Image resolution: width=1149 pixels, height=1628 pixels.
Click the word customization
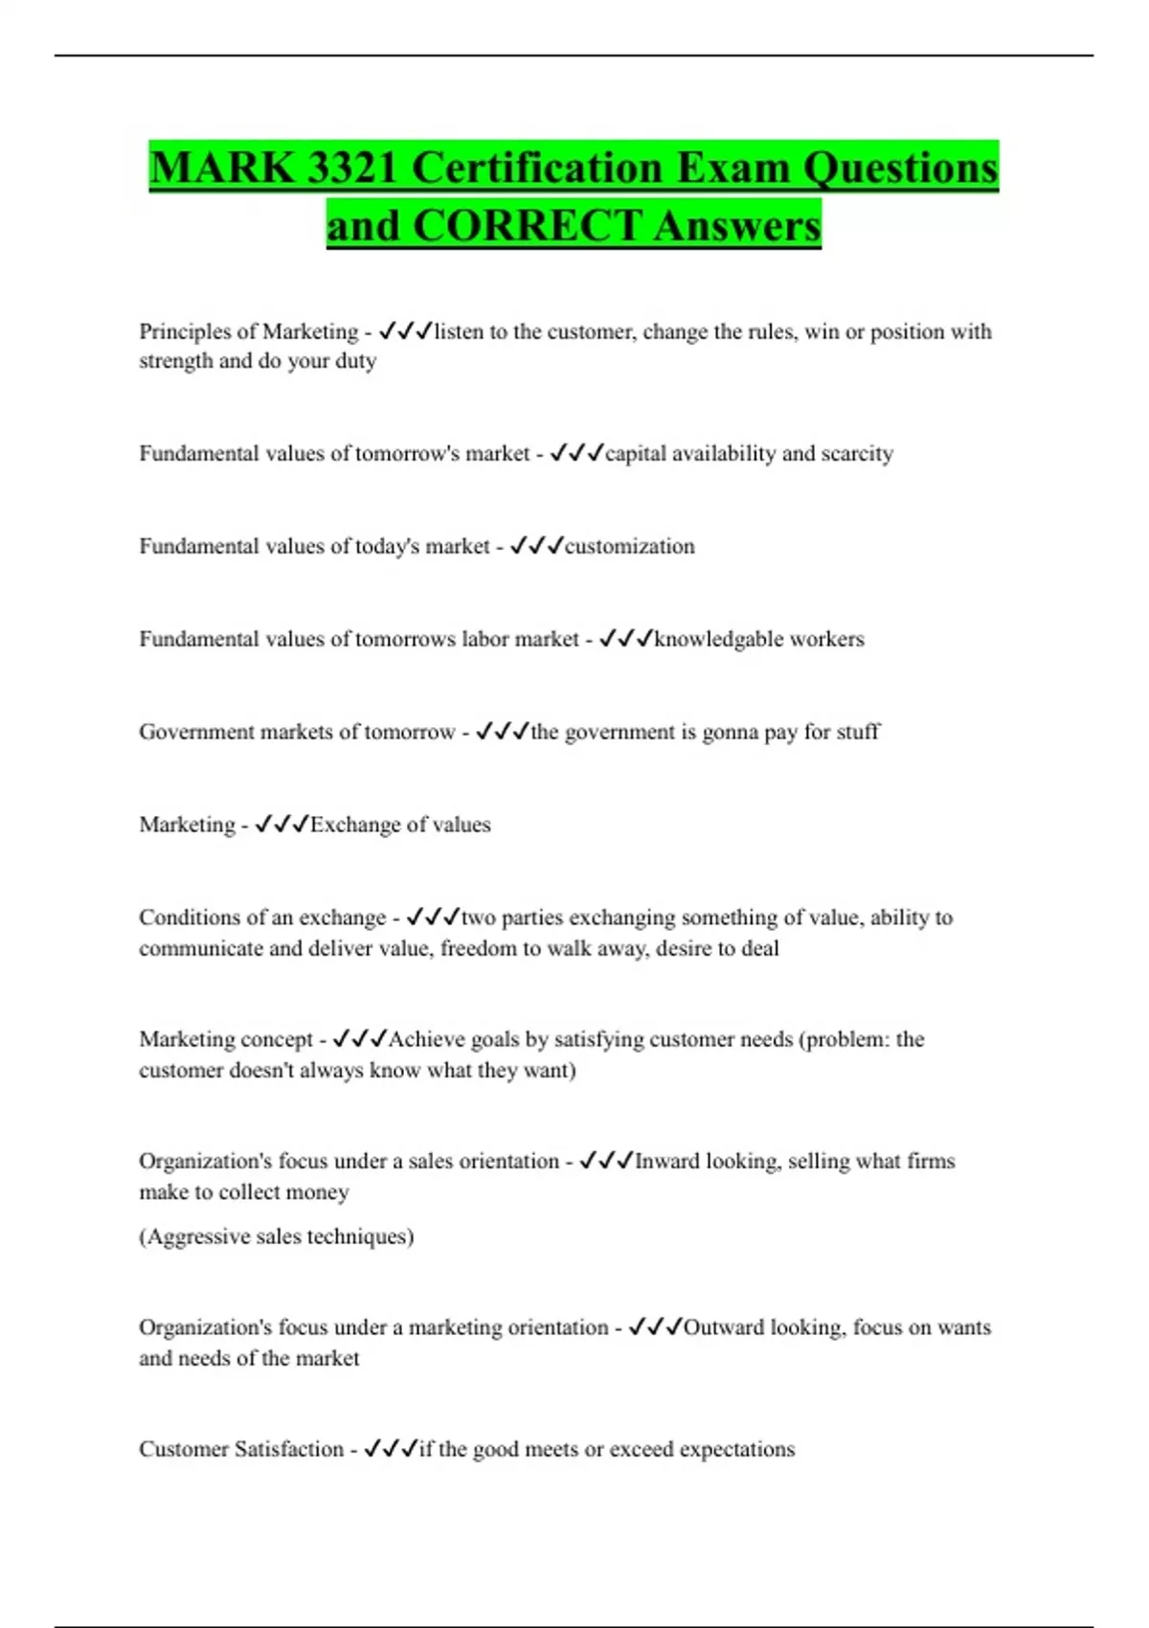629,546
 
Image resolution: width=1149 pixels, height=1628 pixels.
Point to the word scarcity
857,453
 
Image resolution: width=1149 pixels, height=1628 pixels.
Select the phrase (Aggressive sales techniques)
277,1236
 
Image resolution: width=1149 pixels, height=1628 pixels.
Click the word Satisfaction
289,1449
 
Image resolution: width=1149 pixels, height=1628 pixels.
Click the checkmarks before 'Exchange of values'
282,825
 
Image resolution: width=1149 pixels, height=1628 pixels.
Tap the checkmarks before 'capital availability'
576,453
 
